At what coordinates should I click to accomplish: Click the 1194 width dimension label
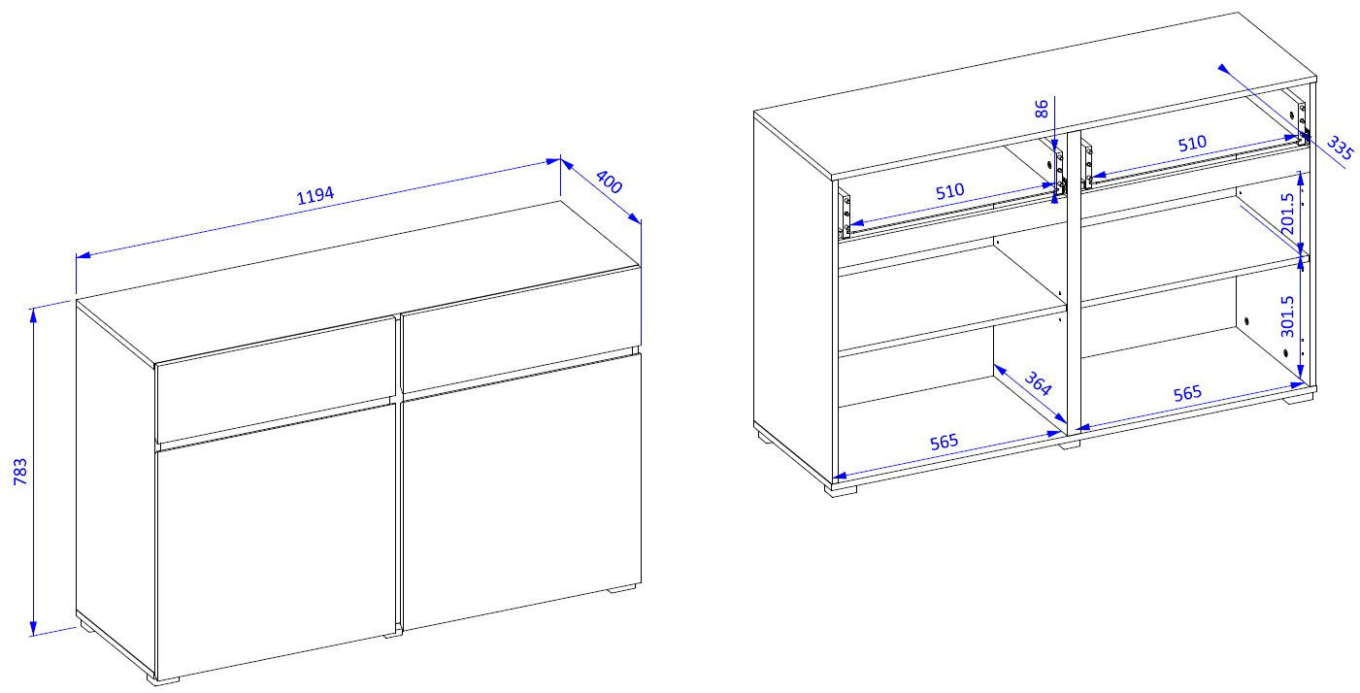pyautogui.click(x=315, y=195)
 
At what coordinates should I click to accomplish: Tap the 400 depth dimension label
pyautogui.click(x=609, y=181)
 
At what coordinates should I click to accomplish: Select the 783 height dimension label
pyautogui.click(x=20, y=472)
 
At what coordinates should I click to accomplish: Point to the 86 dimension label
pyautogui.click(x=1042, y=110)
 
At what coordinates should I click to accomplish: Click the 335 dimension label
pyautogui.click(x=1340, y=148)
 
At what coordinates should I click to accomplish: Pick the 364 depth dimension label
pyautogui.click(x=1038, y=383)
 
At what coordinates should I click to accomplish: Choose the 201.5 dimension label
pyautogui.click(x=1287, y=214)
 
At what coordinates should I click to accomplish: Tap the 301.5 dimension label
pyautogui.click(x=1287, y=316)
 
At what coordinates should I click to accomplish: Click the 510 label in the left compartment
pyautogui.click(x=949, y=192)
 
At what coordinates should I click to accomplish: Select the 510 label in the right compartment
pyautogui.click(x=1192, y=144)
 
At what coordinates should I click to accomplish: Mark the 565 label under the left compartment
pyautogui.click(x=945, y=442)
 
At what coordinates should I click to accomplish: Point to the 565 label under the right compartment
pyautogui.click(x=1187, y=393)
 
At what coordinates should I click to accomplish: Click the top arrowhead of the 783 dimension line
pyautogui.click(x=33, y=315)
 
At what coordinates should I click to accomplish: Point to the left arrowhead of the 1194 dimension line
pyautogui.click(x=83, y=255)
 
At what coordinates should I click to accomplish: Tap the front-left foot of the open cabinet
pyautogui.click(x=840, y=490)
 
